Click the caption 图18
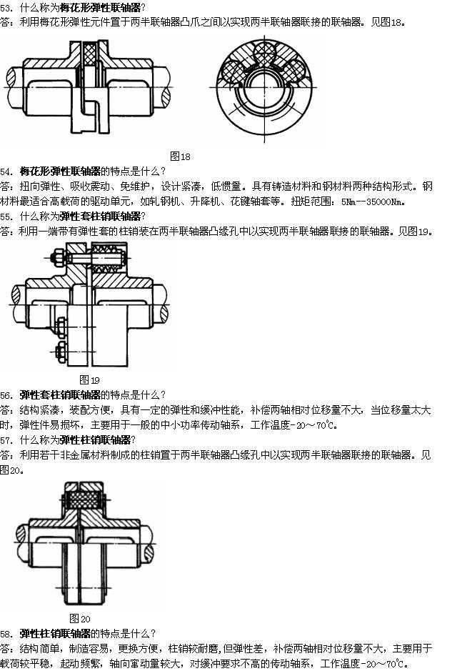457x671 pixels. point(180,156)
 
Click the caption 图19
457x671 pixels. point(89,379)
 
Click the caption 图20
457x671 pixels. point(80,618)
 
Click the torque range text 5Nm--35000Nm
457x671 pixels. point(371,202)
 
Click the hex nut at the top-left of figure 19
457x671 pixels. point(56,258)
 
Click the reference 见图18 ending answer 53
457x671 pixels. point(386,22)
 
